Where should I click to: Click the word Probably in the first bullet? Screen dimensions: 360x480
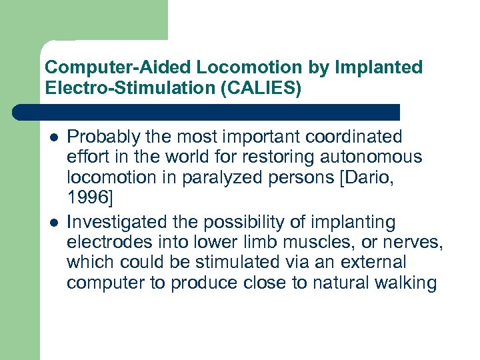click(98, 137)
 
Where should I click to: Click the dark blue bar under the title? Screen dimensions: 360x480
click(207, 111)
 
